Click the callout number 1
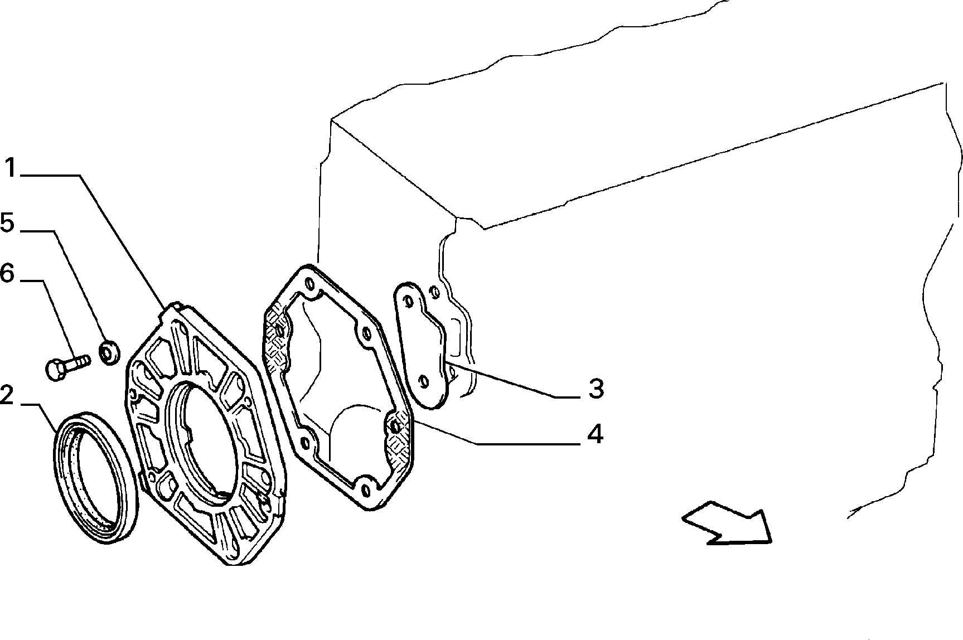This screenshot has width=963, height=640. point(12,168)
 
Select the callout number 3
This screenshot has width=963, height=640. point(597,388)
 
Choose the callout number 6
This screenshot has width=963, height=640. point(7,273)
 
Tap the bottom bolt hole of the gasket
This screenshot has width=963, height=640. point(366,491)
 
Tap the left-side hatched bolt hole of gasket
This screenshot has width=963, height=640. point(279,332)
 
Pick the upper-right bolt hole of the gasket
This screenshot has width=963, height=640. point(366,334)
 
